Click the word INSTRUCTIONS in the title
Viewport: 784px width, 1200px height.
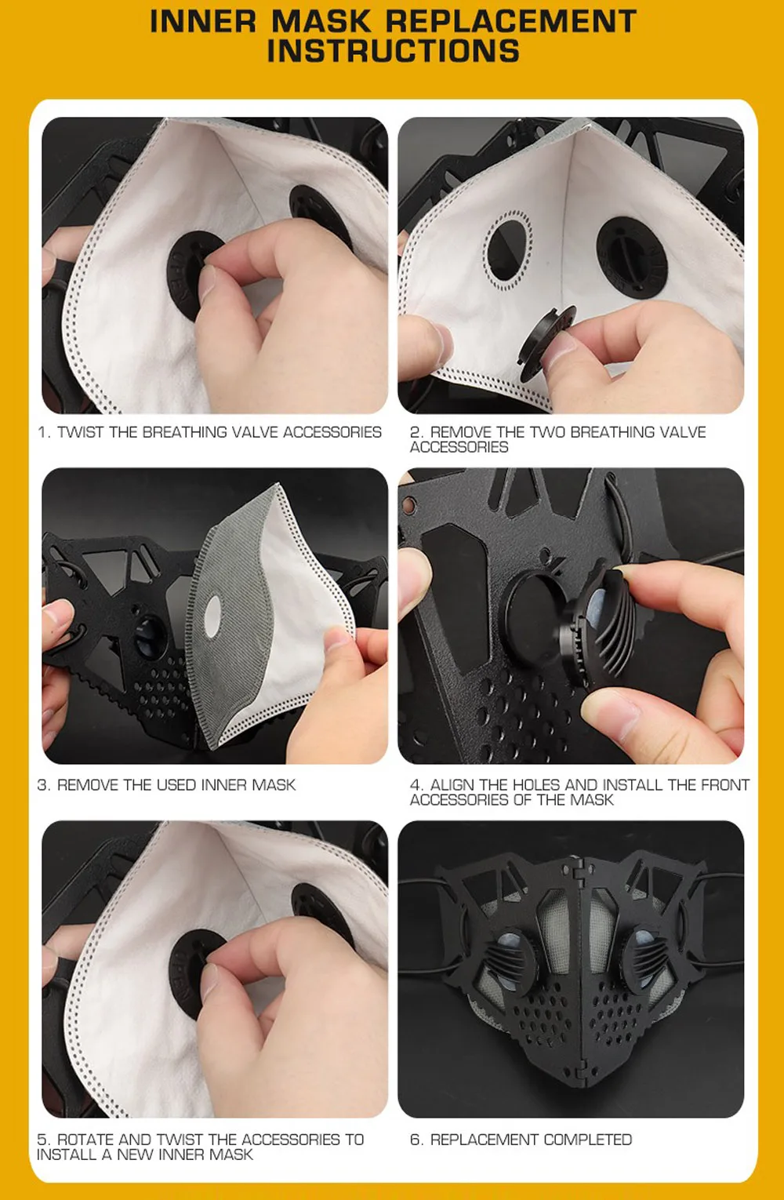[x=393, y=50]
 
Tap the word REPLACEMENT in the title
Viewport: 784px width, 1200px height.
[x=511, y=21]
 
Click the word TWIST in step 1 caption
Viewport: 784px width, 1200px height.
[x=81, y=432]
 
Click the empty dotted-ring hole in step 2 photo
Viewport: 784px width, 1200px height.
[x=508, y=251]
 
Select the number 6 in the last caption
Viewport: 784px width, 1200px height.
[x=415, y=1140]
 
